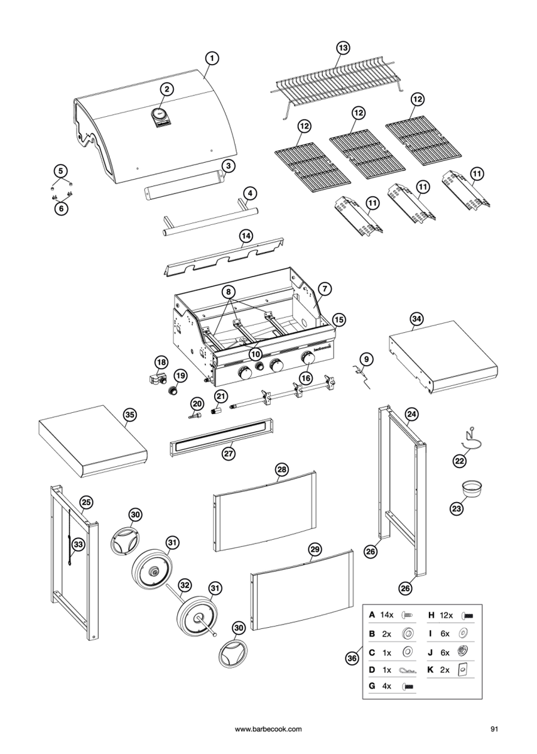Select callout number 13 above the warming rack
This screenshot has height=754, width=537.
(x=343, y=48)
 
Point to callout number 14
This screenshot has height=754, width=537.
(x=246, y=235)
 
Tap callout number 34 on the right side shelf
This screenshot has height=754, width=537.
(x=416, y=319)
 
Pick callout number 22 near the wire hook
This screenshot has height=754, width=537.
(x=460, y=461)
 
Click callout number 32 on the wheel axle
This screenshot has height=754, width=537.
(x=184, y=585)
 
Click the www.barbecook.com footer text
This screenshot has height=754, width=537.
(x=268, y=729)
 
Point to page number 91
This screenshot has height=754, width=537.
(x=494, y=729)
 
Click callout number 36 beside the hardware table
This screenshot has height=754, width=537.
(x=352, y=658)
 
